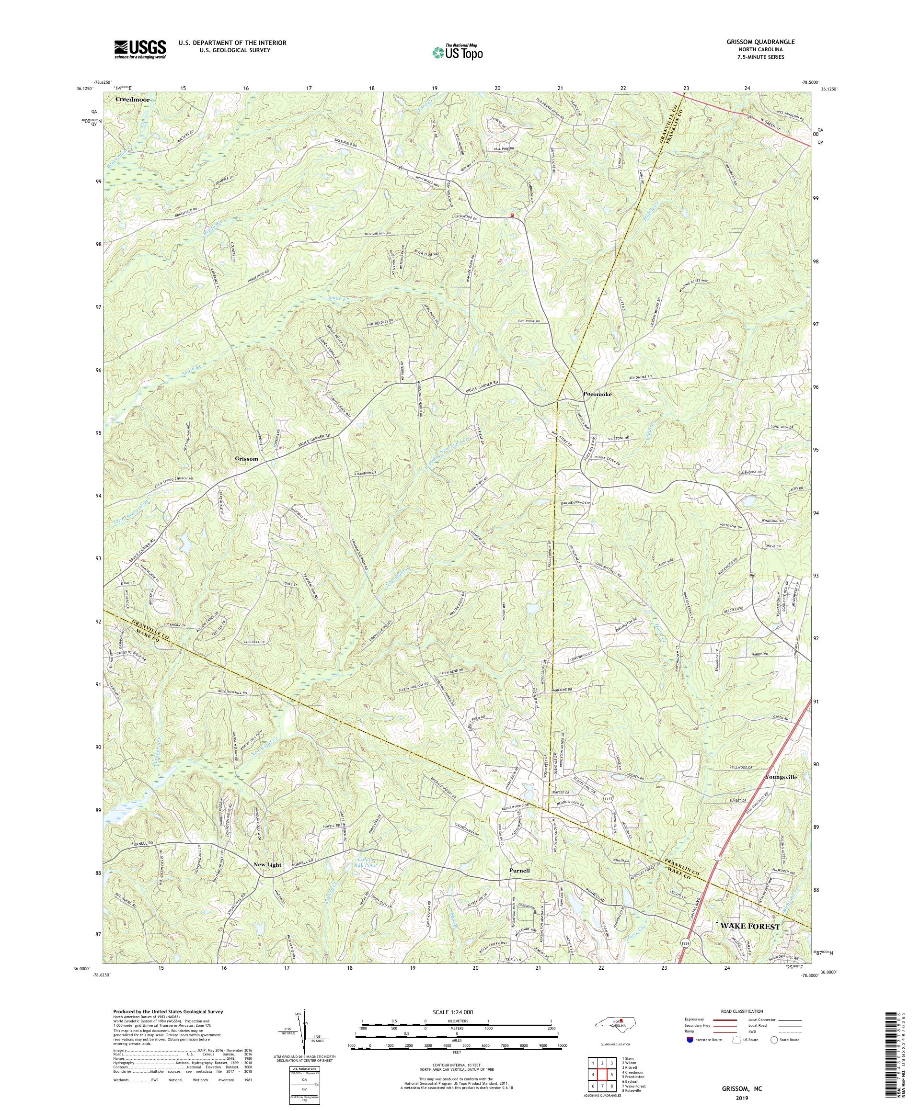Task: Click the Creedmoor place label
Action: click(x=133, y=100)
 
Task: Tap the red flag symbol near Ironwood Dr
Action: click(x=512, y=215)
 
